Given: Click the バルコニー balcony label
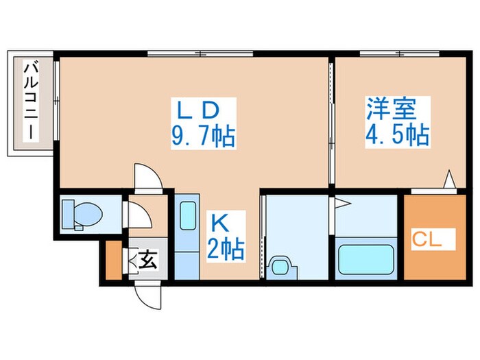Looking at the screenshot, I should [31, 101].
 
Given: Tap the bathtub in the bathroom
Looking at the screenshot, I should [366, 259].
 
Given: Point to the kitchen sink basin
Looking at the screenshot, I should [186, 217].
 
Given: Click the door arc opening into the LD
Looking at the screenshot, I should [147, 177].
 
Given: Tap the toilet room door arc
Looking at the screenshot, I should [141, 217].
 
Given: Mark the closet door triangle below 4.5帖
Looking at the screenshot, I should [449, 180].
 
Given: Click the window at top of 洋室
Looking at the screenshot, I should [391, 53].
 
